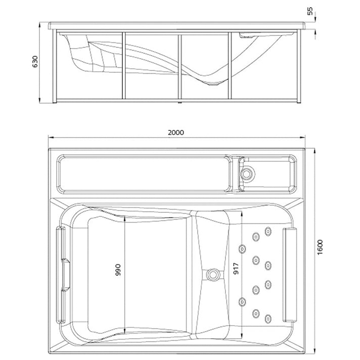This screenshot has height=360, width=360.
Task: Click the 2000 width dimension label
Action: click(x=176, y=132)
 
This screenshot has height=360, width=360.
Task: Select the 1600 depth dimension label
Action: click(x=320, y=247)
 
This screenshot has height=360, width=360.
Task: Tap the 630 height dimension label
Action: click(x=35, y=62)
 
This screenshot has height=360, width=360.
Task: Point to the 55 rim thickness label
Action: click(x=310, y=11)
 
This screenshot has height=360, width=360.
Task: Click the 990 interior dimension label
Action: click(x=117, y=269)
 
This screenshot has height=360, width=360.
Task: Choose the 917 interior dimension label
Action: click(x=236, y=268)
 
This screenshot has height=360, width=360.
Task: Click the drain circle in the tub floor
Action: click(x=212, y=275)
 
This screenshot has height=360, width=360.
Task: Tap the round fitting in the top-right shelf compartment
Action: click(x=246, y=174)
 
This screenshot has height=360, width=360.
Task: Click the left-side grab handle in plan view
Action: click(x=61, y=275)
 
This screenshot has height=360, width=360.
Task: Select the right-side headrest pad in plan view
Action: click(x=290, y=275)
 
